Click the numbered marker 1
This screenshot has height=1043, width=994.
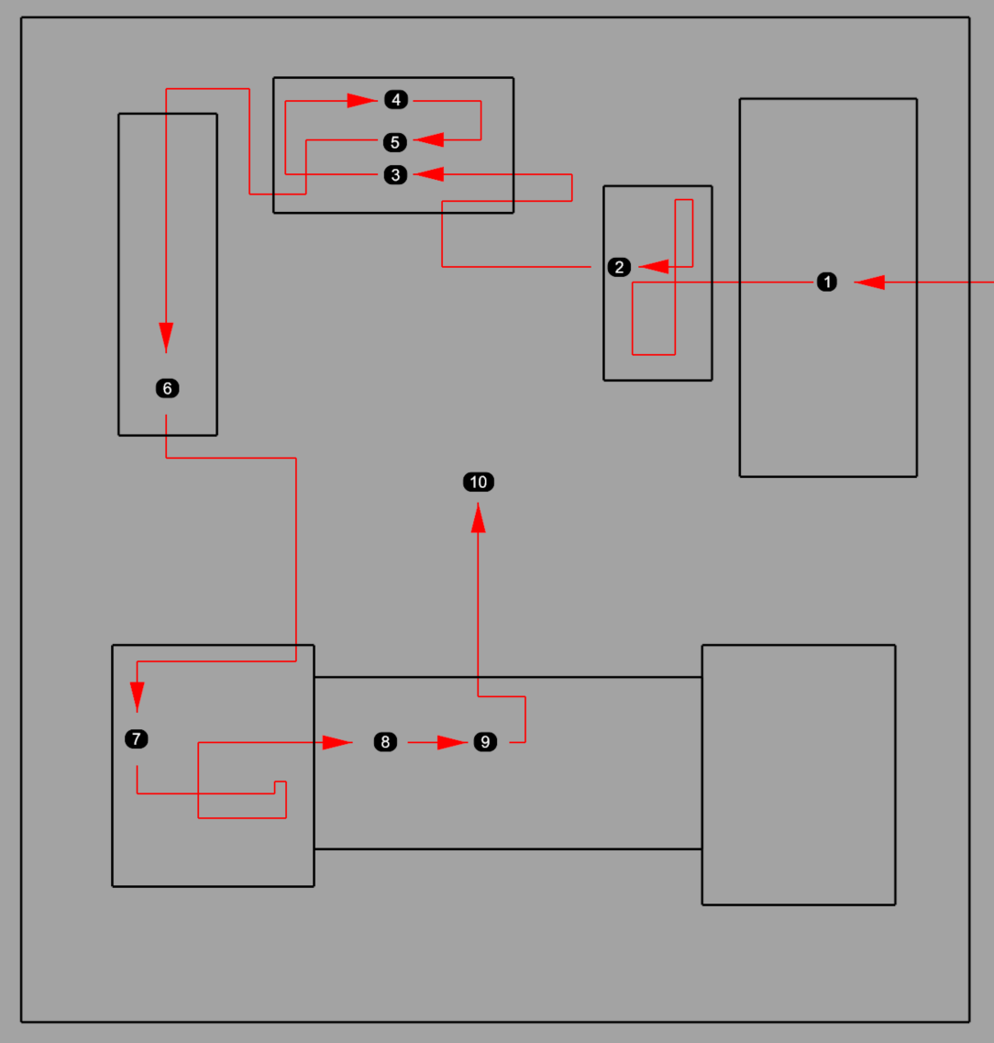coord(826,282)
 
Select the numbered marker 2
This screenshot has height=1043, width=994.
coord(619,268)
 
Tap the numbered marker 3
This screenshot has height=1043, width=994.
coord(395,175)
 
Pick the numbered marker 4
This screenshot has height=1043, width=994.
coord(396,100)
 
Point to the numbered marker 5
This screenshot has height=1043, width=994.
coord(395,142)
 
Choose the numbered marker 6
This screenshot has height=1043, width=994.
coord(168,388)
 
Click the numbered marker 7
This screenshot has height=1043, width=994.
coord(137,739)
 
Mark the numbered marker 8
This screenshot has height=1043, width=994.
coord(385,742)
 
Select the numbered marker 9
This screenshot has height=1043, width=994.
coord(485,742)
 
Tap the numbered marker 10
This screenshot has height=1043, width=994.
coord(479,483)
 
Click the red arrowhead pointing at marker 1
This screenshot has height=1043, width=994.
coord(869,282)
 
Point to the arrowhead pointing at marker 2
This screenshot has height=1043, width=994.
coord(654,267)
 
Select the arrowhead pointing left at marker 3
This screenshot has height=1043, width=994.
coord(429,174)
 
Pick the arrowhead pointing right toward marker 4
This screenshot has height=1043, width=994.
coord(362,100)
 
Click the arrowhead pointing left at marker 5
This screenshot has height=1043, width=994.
coord(429,139)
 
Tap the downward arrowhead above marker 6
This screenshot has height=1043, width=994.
coord(166,338)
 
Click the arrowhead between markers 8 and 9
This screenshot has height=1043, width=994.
coord(453,742)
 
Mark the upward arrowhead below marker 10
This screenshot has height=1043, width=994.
coord(478,517)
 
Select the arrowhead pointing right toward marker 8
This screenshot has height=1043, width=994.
coord(337,742)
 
